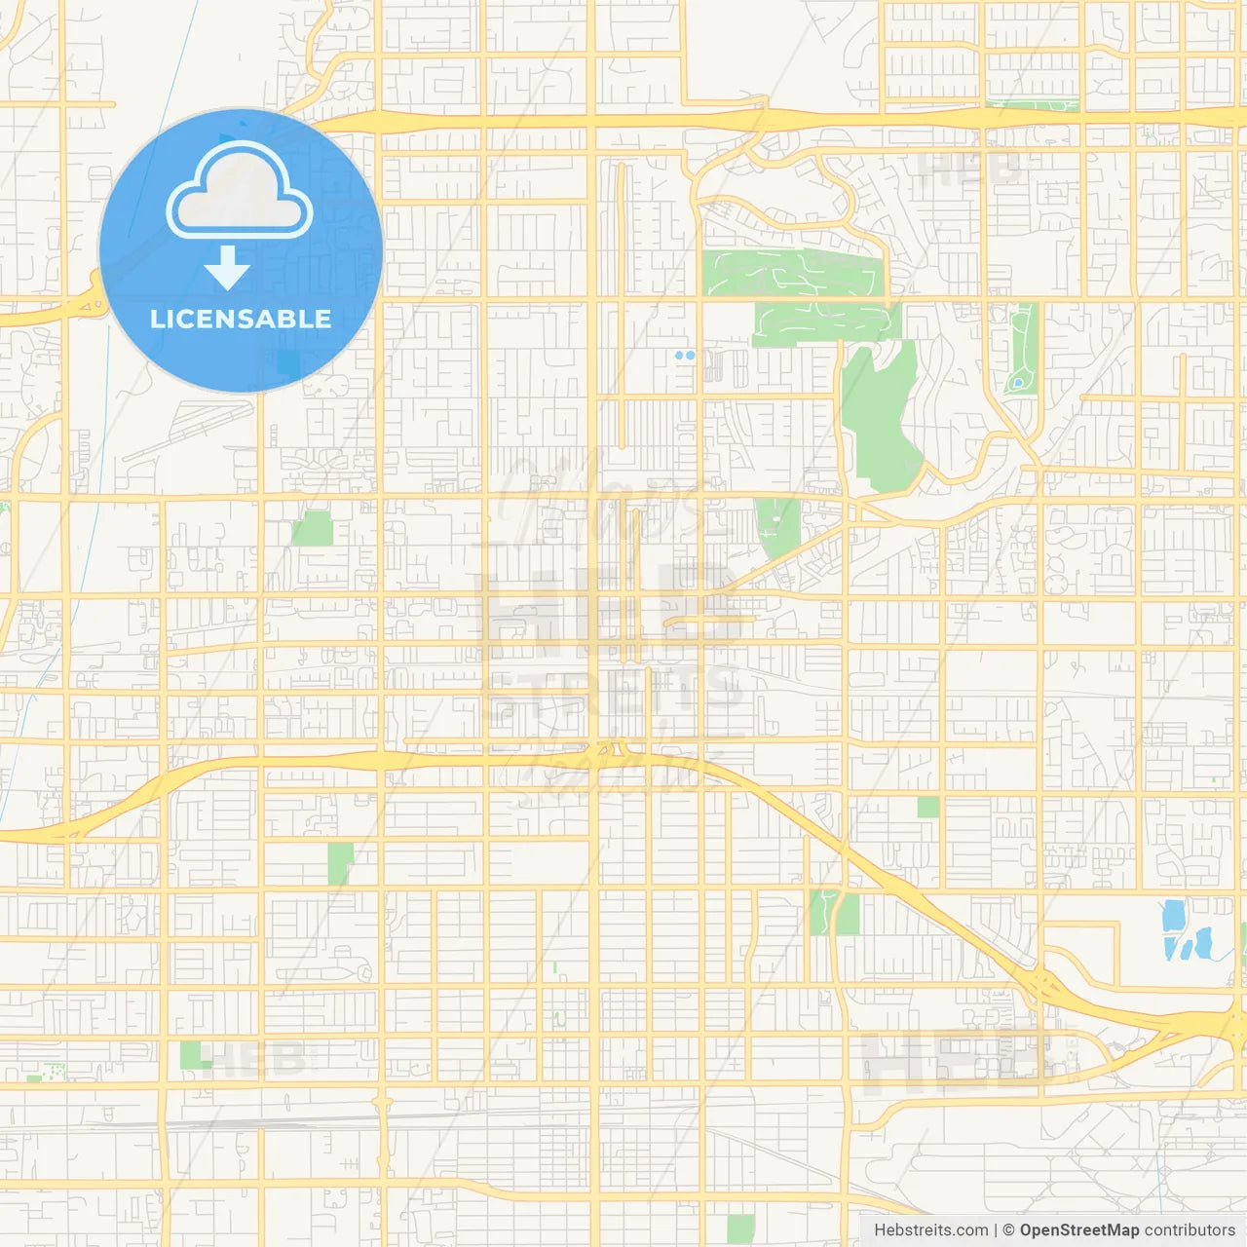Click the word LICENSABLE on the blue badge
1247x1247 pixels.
(241, 319)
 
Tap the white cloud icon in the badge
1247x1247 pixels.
(240, 191)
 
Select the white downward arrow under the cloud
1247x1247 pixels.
(228, 268)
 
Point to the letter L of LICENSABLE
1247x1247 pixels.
(156, 319)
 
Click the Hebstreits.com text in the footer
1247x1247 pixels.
(930, 1230)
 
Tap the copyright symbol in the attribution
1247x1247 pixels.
(1009, 1230)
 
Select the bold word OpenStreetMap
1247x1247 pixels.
(1078, 1230)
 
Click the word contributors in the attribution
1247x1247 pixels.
(1189, 1230)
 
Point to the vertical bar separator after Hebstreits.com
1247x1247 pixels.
(995, 1230)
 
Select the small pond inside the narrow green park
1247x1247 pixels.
(1018, 383)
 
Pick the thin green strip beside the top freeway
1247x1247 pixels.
(1032, 105)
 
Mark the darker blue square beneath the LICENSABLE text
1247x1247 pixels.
(288, 364)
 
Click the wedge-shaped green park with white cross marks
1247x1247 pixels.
(777, 526)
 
